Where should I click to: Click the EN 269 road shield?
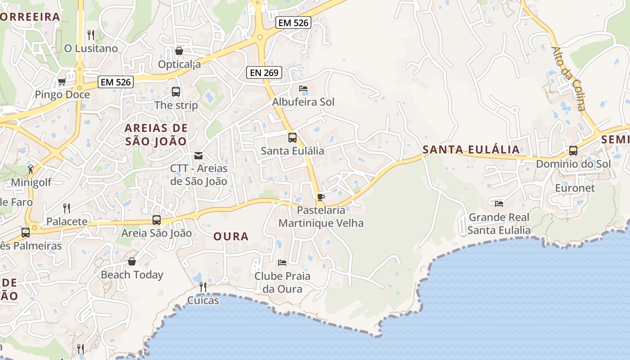264,72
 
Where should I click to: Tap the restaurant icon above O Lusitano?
91,35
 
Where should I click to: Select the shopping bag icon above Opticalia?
179,51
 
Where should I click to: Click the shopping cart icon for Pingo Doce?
62,81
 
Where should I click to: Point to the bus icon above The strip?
176,92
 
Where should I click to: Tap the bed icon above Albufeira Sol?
303,89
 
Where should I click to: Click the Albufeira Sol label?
303,102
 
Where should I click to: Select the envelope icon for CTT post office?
198,156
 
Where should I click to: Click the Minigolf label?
31,182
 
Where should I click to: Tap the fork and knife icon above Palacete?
67,208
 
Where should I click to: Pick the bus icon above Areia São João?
157,220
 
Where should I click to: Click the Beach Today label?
132,274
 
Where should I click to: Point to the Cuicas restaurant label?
203,300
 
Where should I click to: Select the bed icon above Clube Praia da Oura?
282,262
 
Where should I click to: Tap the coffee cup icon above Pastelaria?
320,197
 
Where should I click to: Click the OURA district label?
231,236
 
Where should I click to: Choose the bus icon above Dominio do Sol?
573,151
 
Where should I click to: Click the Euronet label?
575,188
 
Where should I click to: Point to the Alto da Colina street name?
569,78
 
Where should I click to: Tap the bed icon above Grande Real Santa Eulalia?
499,203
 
